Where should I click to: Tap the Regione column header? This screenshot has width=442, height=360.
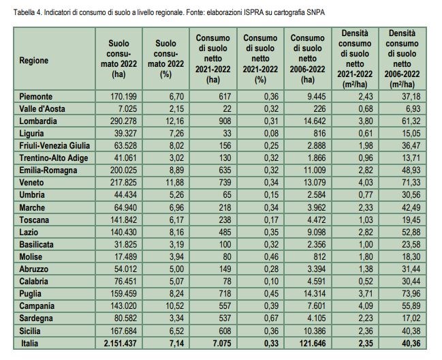coord(34,61)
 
